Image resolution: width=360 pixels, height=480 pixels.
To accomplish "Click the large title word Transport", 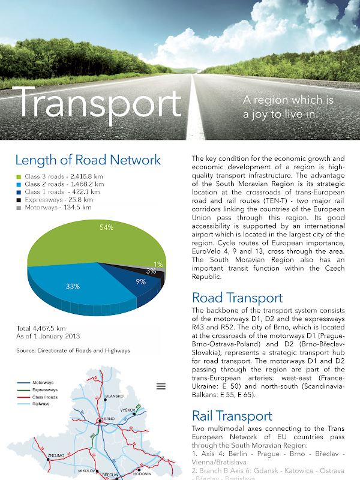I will (x=100, y=103).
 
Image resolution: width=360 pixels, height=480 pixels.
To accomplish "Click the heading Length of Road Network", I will (x=88, y=160).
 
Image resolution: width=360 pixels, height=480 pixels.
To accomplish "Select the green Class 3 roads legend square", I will (x=19, y=176).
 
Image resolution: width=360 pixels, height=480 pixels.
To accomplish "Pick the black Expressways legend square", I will (x=19, y=200).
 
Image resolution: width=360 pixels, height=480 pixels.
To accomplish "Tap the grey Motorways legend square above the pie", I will (x=19, y=208).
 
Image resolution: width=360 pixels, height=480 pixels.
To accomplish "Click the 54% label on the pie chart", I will (x=106, y=227).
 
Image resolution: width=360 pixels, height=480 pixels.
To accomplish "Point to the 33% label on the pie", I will (x=73, y=286).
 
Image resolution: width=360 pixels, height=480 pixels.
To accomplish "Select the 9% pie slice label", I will (x=140, y=281).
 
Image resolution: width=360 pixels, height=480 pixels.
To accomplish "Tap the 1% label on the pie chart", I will (x=158, y=264).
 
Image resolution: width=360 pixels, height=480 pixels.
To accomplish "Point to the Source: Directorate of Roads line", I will (x=72, y=350).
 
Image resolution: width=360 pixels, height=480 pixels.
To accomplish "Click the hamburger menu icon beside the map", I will (x=161, y=386).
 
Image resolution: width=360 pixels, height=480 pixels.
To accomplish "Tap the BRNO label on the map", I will (x=109, y=418).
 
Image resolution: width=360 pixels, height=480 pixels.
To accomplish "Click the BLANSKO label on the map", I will (x=114, y=397).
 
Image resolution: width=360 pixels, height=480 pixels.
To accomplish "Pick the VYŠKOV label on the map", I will (x=128, y=410).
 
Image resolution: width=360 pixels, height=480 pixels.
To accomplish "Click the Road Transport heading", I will (x=237, y=298).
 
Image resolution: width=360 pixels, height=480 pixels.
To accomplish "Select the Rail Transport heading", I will (x=232, y=416).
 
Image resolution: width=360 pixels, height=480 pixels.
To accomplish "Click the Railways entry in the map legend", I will (x=41, y=404).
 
